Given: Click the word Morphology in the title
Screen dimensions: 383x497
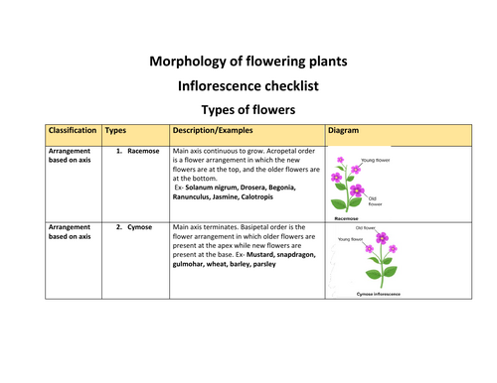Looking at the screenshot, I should (x=187, y=62).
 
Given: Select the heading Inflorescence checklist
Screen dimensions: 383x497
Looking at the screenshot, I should (x=248, y=85).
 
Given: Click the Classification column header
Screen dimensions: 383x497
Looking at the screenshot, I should (x=73, y=130).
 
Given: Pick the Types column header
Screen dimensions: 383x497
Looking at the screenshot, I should (x=115, y=130).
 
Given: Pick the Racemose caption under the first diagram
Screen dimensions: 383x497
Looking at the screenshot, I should (x=346, y=216).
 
